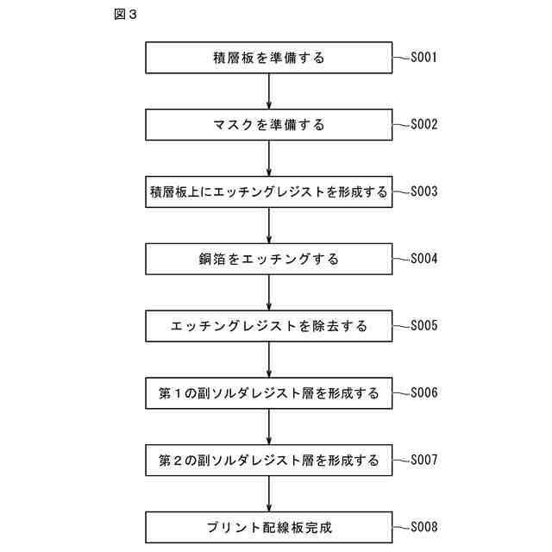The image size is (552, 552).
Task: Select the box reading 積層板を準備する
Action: click(x=269, y=59)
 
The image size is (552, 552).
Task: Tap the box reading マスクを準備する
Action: click(x=269, y=125)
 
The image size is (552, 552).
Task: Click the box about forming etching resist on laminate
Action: click(x=269, y=191)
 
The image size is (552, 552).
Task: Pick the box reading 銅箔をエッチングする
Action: click(x=269, y=259)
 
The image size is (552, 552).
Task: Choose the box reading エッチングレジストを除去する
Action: click(x=269, y=326)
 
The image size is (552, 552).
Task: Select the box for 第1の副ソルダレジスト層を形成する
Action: click(x=269, y=393)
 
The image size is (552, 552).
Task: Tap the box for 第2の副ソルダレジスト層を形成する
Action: click(x=269, y=460)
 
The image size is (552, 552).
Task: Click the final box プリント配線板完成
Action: click(x=269, y=526)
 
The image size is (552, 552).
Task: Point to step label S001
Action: click(x=424, y=59)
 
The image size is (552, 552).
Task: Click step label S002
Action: click(x=424, y=124)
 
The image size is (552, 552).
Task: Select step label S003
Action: click(x=424, y=191)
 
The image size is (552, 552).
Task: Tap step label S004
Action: click(x=424, y=258)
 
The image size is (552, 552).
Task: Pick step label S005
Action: click(x=424, y=325)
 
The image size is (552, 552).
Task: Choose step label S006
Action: click(x=424, y=392)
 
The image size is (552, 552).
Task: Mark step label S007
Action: click(x=424, y=459)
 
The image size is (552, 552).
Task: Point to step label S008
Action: click(x=424, y=525)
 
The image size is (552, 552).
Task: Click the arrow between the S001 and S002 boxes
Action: click(x=269, y=91)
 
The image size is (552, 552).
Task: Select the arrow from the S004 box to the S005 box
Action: click(x=269, y=292)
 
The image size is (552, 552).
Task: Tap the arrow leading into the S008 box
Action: click(x=269, y=493)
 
